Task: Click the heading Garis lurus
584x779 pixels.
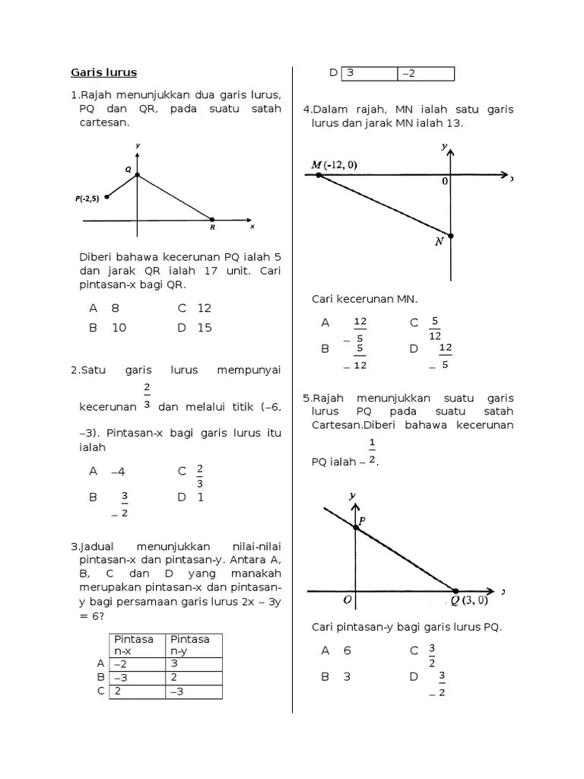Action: [x=104, y=73]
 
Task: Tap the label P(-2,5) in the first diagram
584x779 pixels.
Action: [x=87, y=198]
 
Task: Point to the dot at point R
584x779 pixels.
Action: [x=212, y=220]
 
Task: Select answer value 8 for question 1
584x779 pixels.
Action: [x=116, y=308]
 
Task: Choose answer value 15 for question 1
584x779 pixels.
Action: [x=205, y=328]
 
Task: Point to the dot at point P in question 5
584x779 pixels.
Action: [x=355, y=527]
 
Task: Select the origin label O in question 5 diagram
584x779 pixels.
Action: [x=347, y=599]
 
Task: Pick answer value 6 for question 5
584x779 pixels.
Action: [x=347, y=650]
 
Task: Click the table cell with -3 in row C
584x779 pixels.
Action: [x=195, y=692]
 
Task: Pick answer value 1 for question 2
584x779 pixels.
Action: [x=201, y=498]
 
